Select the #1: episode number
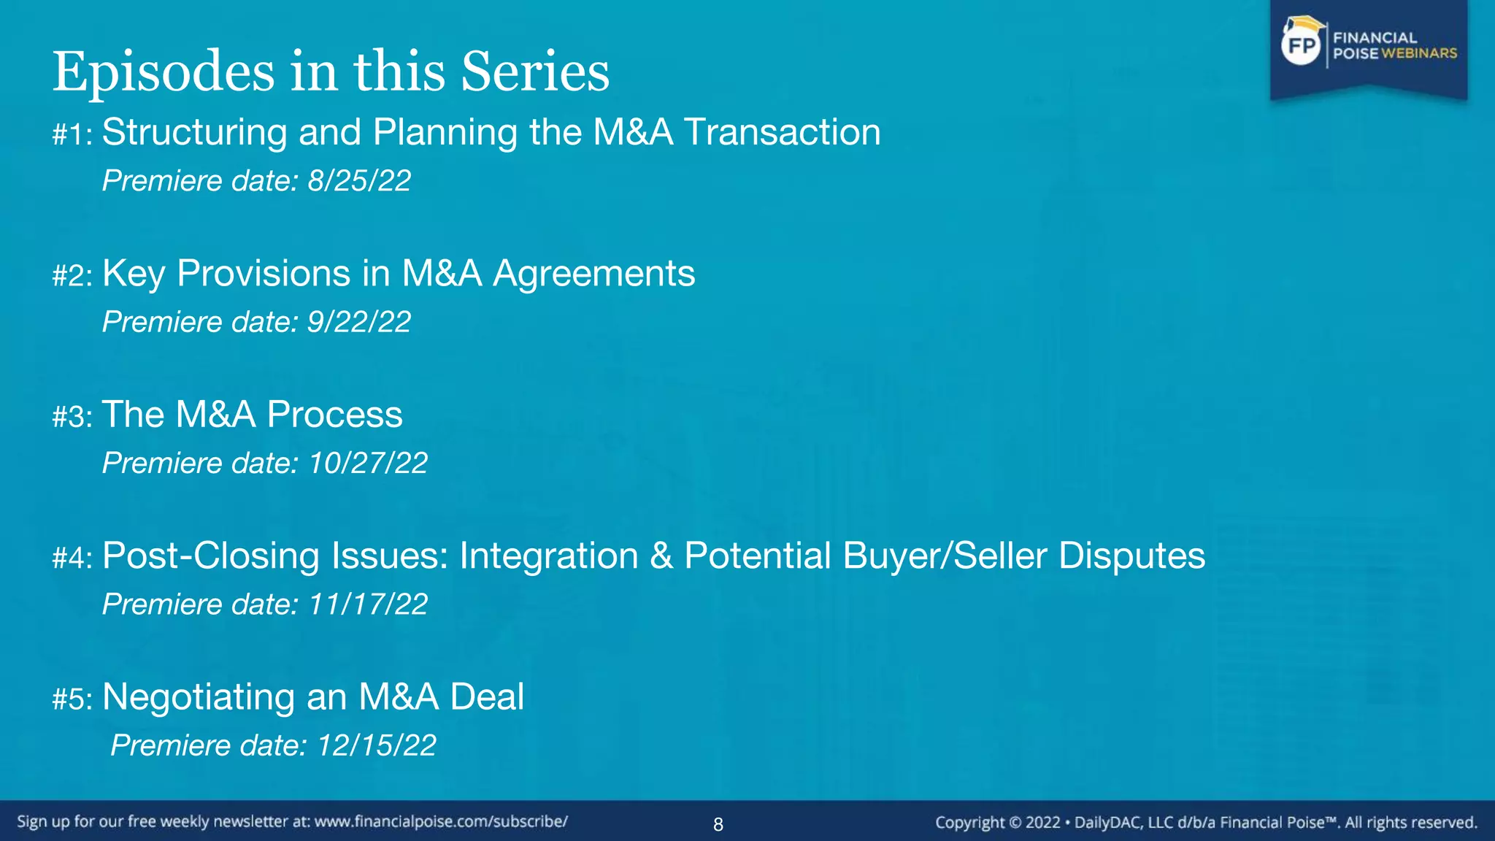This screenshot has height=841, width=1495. pos(72,135)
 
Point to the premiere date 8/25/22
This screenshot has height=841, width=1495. pos(359,181)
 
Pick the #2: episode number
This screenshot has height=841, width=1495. pos(72,276)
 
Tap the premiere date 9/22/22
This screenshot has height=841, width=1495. pos(359,322)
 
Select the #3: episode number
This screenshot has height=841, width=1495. pos(72,417)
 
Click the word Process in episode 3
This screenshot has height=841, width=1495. pos(334,415)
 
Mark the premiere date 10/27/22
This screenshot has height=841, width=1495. pos(368,463)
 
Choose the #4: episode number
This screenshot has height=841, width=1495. pos(72,558)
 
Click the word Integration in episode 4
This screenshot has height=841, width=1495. pos(549,556)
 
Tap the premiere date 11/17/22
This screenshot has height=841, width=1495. pos(368,604)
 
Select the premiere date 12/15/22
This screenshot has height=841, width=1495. pos(377,745)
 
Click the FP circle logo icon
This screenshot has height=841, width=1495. pos(1302,45)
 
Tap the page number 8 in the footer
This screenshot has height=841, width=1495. pos(718,825)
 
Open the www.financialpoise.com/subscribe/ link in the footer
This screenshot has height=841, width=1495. pos(441,822)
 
